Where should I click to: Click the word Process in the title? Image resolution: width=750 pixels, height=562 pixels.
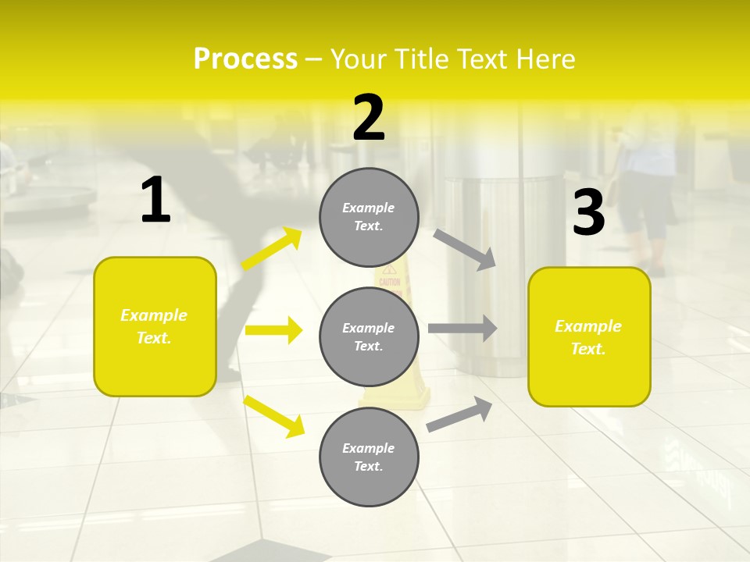point(245,59)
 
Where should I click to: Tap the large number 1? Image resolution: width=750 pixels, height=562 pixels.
point(155,201)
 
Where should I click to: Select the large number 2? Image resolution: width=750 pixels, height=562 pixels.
point(369,118)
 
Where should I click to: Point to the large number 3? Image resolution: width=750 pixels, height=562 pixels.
point(588,212)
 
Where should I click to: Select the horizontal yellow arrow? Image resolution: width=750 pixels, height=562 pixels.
point(273,330)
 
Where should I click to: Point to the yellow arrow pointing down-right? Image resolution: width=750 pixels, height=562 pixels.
point(273,415)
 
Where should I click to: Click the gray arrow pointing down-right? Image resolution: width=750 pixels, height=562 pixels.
point(465,249)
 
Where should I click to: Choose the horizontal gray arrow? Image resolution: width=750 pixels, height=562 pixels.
point(462,329)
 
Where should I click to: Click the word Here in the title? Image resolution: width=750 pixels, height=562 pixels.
point(545,59)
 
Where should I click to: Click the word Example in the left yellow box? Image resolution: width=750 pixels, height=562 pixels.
point(154,315)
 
